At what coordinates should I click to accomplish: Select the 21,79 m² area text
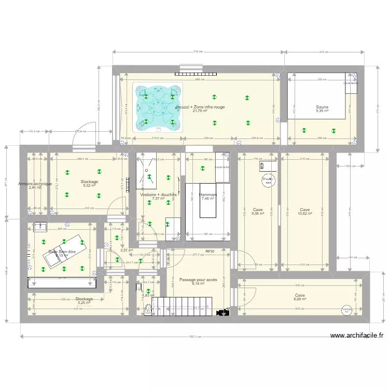[200, 111]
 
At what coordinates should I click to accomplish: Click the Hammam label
[208, 195]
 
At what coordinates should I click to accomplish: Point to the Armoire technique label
[35, 184]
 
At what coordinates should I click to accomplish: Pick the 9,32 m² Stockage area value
[89, 185]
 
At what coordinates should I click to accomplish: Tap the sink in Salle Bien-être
[39, 227]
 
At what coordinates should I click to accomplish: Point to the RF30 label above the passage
[210, 252]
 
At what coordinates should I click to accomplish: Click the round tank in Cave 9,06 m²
[268, 180]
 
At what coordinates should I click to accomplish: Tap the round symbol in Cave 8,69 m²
[346, 309]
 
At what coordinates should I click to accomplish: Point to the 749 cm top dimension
[197, 52]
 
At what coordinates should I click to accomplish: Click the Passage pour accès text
[198, 280]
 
